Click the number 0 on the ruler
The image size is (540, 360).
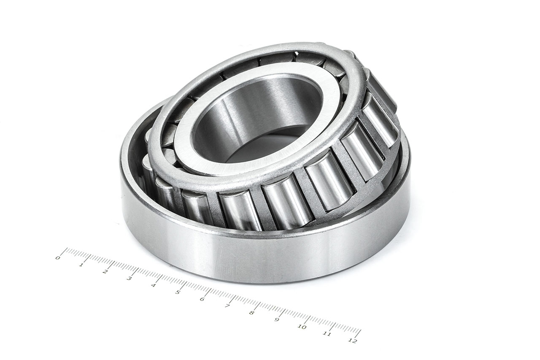coord(58,257)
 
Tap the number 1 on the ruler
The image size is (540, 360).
coord(81,265)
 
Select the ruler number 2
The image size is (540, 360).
coord(105,271)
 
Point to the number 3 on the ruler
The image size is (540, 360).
coord(129,278)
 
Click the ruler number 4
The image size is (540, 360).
coord(153,285)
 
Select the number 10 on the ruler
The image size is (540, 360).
coord(302,327)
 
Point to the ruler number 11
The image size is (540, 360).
coord(327,334)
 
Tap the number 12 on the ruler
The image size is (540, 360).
coord(353,341)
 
